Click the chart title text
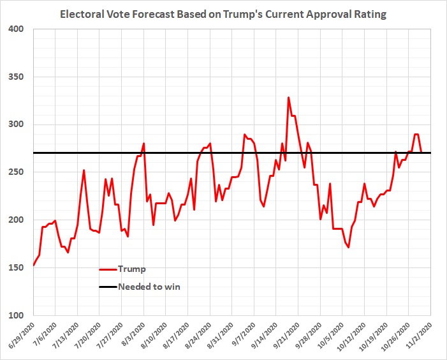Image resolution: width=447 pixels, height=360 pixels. click(x=223, y=13)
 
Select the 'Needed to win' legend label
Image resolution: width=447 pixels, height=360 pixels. click(x=149, y=287)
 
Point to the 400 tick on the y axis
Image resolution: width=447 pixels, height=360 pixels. click(x=17, y=29)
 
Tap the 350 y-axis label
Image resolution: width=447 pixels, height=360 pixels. click(x=17, y=77)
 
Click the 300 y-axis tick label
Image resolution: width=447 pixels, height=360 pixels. click(x=17, y=125)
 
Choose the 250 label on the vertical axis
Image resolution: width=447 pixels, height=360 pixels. click(x=17, y=172)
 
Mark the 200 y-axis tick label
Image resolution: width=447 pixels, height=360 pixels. click(x=17, y=220)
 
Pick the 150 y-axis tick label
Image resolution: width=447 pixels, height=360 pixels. click(x=17, y=267)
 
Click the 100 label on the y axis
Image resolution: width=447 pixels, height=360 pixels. click(x=17, y=315)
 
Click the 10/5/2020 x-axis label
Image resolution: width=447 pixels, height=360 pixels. click(x=329, y=334)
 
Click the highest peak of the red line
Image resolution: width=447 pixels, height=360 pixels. click(x=288, y=98)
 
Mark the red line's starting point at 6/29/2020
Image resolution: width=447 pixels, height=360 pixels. click(x=33, y=266)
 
